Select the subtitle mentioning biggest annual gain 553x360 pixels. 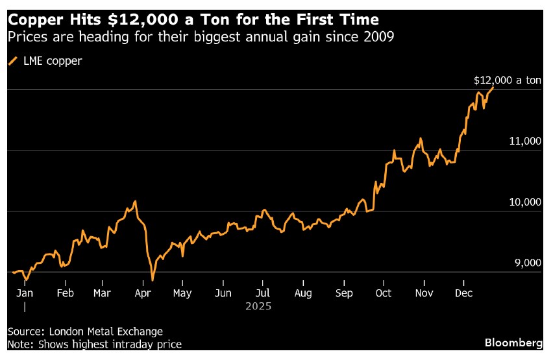201,36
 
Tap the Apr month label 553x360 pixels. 143,293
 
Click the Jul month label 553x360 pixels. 262,293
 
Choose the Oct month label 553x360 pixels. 384,293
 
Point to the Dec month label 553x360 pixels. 463,293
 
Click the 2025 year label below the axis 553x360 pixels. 258,306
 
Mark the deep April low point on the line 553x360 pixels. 153,280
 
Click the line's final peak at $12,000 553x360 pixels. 493,87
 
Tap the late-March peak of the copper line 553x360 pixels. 135,202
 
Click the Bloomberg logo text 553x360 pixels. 513,341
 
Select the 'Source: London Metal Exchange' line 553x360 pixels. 86,331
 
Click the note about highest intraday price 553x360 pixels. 95,344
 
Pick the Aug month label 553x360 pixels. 303,293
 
